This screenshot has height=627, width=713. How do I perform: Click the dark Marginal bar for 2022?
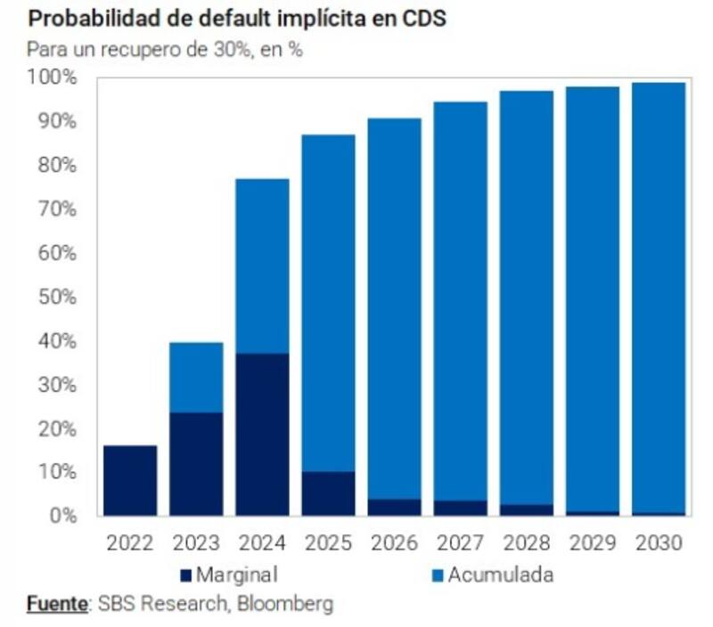[130, 480]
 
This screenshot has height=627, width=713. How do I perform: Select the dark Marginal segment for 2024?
[262, 434]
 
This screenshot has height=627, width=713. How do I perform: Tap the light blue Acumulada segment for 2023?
[196, 377]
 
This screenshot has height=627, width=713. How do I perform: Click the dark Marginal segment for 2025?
[328, 493]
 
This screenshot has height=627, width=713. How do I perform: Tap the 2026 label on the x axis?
[394, 542]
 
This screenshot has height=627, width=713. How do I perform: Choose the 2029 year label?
[592, 542]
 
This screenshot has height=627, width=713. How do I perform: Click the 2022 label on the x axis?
[130, 542]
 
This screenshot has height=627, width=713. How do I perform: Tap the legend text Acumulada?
[500, 574]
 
